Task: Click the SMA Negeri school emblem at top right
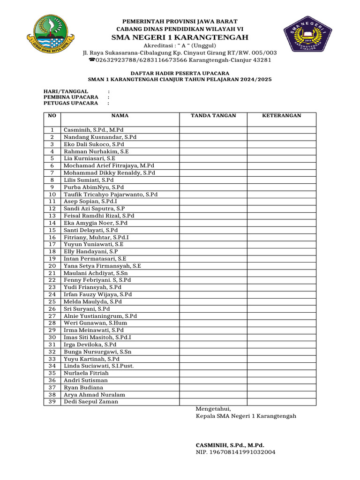(307, 36)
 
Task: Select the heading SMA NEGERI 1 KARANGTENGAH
(180, 37)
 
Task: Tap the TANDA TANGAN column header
(213, 116)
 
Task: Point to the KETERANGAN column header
(282, 116)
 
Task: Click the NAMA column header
(120, 116)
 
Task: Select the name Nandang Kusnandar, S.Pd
(100, 137)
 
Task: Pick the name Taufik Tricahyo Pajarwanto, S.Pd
(111, 194)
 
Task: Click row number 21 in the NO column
(52, 273)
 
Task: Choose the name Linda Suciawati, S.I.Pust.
(99, 366)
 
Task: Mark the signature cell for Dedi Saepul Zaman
(213, 402)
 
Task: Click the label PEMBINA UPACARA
(71, 97)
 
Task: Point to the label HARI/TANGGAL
(66, 91)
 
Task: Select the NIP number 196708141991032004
(235, 452)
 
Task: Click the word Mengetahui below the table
(213, 409)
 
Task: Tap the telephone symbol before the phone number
(91, 60)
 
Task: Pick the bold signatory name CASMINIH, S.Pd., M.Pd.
(230, 445)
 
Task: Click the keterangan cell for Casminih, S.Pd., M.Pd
(282, 130)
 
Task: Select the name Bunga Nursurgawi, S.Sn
(97, 352)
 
